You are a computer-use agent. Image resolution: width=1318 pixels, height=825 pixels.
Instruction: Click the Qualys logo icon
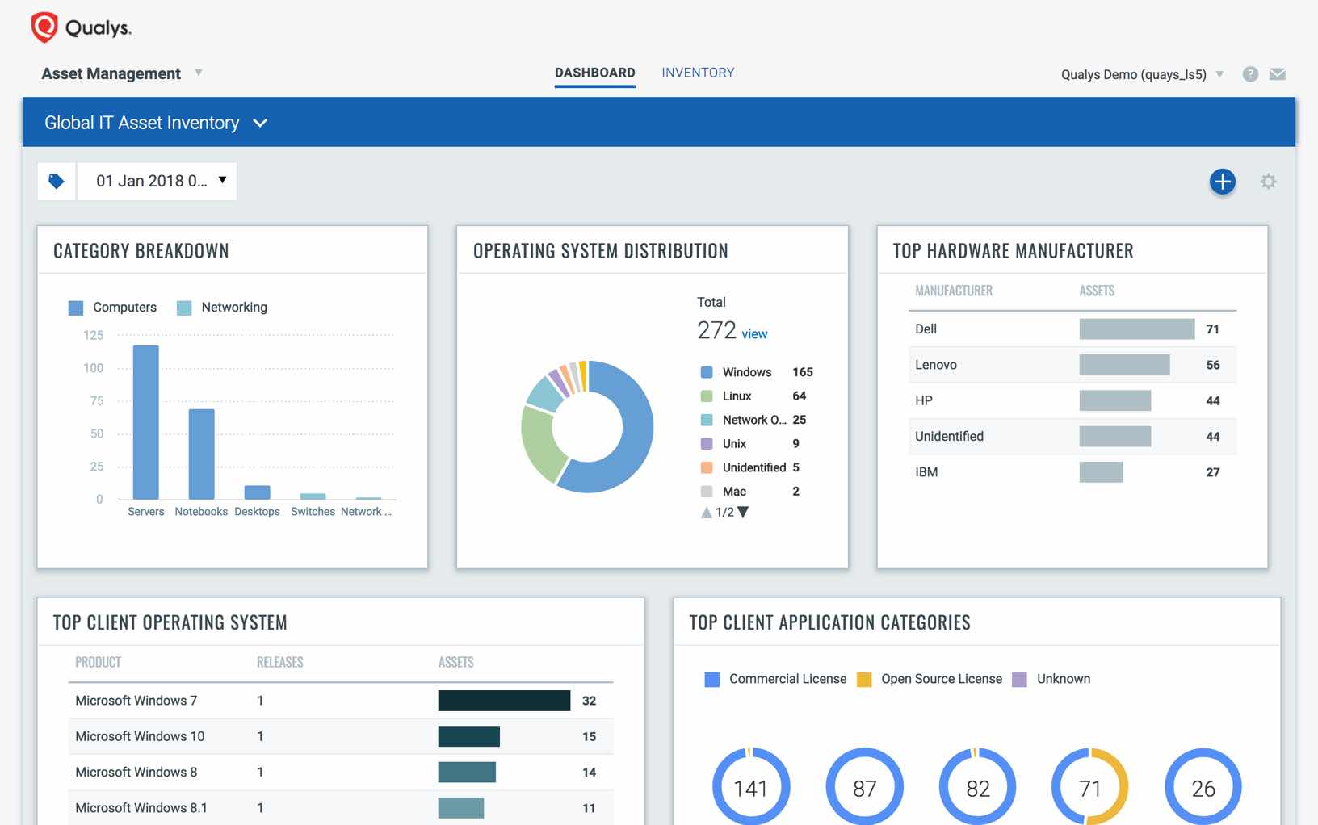pos(44,27)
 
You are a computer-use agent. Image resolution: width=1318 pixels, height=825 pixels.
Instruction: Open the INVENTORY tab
pos(698,73)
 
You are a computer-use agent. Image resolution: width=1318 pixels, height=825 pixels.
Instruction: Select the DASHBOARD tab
pos(594,73)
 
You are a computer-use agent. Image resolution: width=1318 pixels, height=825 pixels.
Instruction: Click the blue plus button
pos(1222,182)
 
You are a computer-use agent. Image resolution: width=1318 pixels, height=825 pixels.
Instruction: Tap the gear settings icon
pos(1268,182)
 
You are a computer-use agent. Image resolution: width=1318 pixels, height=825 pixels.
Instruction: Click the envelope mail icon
pos(1277,74)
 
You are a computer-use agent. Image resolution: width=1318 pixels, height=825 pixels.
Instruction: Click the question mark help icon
pos(1250,74)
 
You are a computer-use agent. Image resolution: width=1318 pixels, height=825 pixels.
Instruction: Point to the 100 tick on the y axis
pos(94,368)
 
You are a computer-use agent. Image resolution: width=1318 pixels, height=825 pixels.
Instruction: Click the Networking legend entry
pos(223,308)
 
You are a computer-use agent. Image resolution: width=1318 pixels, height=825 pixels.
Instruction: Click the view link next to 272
pos(754,334)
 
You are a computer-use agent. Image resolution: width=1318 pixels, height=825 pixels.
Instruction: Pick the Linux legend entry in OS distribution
pos(737,396)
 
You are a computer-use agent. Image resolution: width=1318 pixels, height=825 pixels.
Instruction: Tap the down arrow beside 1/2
pos(744,512)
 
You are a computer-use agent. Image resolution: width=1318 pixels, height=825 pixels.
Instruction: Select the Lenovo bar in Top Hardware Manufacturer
pos(1123,365)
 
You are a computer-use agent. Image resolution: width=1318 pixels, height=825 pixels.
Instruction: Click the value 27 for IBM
pos(1212,472)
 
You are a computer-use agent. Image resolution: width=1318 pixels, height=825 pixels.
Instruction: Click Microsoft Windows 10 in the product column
pos(140,736)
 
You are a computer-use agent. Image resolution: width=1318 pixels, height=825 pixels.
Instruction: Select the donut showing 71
pos(1089,787)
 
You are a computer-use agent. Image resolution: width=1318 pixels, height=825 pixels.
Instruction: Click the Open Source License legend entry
pos(930,679)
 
